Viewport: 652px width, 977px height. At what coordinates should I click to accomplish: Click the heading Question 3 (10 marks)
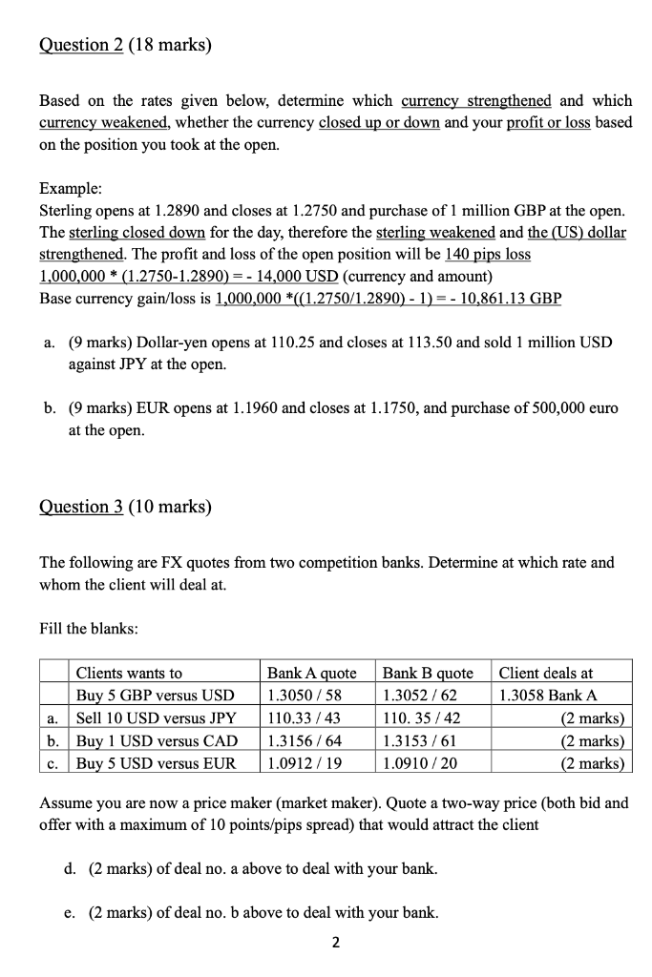(125, 507)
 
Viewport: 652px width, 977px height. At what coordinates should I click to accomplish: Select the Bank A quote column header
(311, 673)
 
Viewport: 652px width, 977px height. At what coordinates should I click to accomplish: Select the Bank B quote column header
(427, 673)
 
